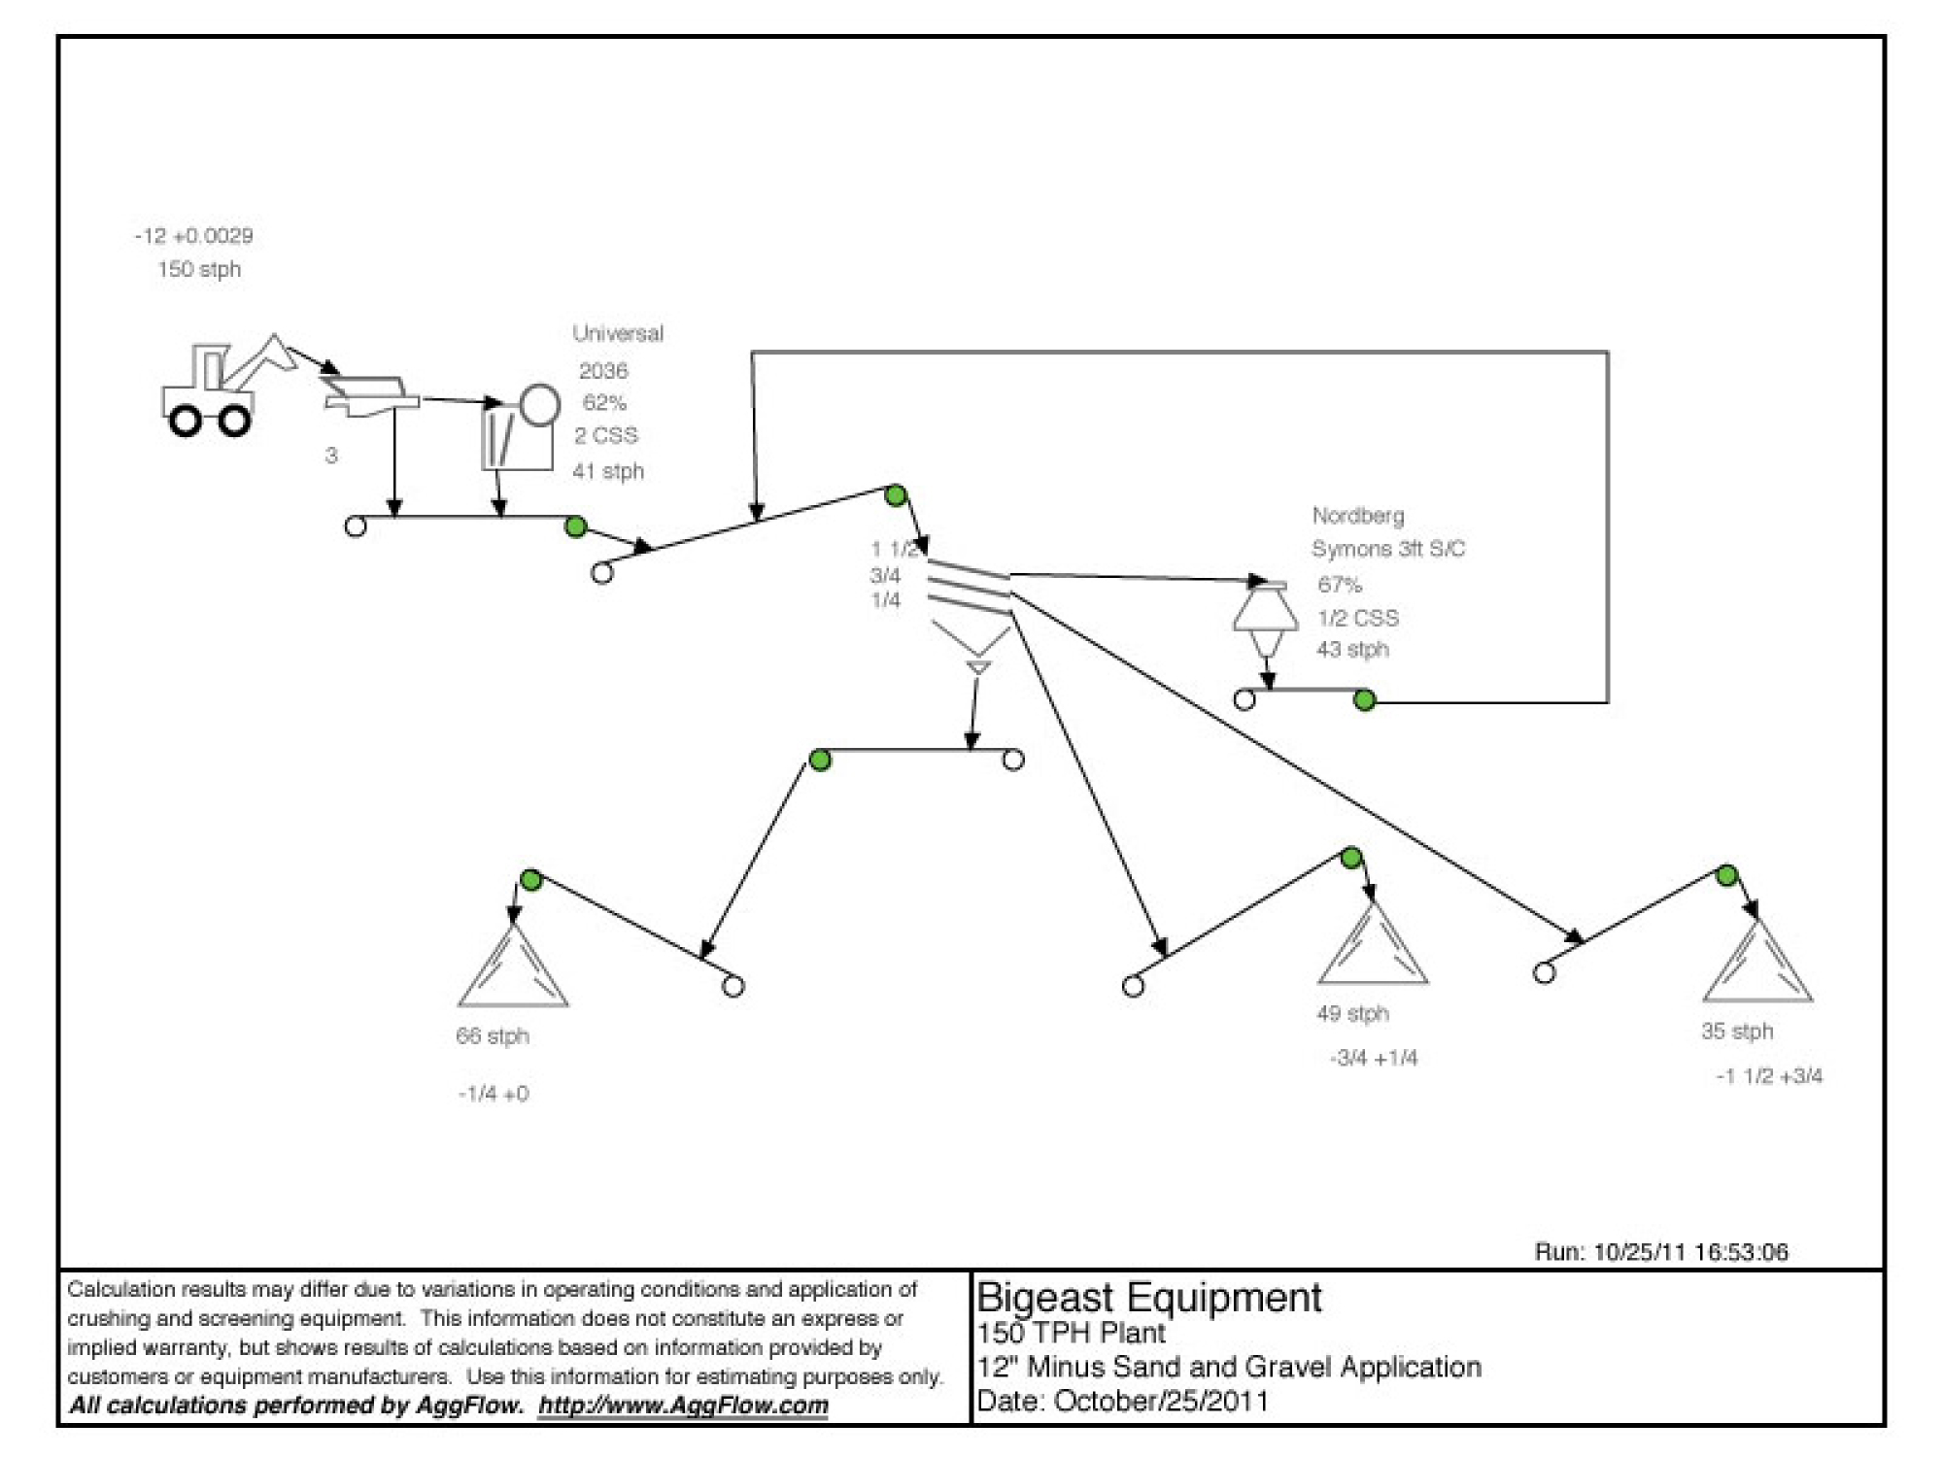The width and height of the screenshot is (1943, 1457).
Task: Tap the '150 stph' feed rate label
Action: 199,269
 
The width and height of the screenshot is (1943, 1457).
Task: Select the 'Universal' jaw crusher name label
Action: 618,333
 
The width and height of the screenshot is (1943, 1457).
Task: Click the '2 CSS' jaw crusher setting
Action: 606,435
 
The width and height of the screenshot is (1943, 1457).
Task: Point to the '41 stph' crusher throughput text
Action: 608,471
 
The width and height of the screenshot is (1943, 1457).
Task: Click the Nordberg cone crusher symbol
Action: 1265,619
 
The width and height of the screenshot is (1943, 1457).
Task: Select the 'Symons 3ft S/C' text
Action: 1388,549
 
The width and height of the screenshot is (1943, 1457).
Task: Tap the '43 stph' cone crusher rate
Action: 1352,649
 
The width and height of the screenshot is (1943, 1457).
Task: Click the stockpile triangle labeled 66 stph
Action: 513,966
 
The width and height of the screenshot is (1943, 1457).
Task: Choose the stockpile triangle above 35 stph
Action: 1757,961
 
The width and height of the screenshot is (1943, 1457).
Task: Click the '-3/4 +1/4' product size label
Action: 1374,1058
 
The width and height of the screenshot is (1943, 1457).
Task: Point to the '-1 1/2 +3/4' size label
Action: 1769,1076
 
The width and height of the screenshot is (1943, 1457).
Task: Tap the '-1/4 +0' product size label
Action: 494,1094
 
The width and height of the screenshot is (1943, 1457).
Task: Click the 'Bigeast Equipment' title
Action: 1148,1298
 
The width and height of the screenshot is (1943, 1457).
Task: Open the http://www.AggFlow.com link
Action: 683,1406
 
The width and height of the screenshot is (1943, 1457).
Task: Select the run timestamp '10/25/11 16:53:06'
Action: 1691,1252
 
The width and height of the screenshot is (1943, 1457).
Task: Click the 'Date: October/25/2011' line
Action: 1122,1401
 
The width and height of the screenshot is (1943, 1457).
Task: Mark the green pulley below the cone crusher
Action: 1365,700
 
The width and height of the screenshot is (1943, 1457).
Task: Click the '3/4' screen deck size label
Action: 885,575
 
